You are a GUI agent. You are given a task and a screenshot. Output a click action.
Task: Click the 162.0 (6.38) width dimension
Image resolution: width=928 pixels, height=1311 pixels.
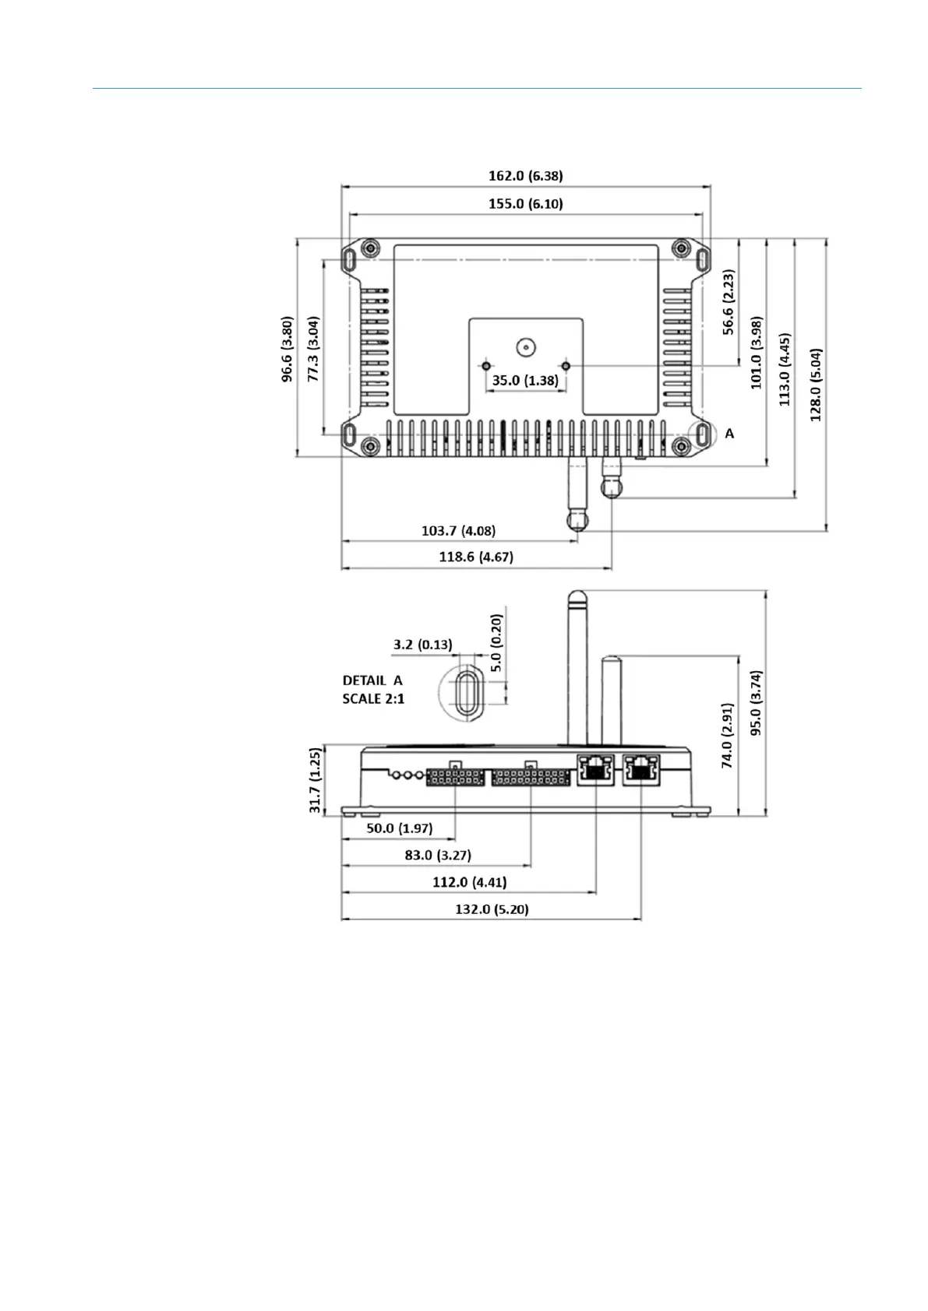coord(525,176)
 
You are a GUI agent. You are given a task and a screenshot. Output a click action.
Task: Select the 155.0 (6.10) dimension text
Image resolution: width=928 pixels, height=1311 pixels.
coord(525,204)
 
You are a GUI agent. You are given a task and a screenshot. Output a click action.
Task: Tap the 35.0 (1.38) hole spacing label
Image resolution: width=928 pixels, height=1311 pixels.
coord(525,381)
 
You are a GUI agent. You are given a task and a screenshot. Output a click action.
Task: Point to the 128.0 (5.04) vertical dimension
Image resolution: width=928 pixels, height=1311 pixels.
coord(816,385)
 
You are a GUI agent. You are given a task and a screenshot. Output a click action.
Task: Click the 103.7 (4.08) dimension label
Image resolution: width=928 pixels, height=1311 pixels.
coord(458,531)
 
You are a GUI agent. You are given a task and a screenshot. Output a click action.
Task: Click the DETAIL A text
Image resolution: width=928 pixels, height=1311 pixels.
coord(372,680)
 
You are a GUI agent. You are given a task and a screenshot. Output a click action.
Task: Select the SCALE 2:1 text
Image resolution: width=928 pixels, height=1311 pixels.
coord(373,698)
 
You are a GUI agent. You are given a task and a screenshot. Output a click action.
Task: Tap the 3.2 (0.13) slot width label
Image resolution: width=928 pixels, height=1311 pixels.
coord(422,645)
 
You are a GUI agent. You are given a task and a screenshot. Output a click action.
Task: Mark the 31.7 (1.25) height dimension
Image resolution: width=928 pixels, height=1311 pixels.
coord(316,781)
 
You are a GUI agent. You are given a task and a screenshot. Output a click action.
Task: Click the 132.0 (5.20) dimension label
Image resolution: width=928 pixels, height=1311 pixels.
coord(492,909)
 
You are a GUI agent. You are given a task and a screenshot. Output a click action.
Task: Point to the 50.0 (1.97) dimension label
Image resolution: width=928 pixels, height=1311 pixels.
coord(399,828)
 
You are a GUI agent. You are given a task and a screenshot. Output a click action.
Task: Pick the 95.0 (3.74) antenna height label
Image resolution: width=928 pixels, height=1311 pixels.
coord(756,702)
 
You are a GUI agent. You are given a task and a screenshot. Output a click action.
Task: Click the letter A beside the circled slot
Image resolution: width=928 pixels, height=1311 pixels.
coord(729,434)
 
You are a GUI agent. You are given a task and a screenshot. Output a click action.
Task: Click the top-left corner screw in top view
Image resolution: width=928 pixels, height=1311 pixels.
coord(372,248)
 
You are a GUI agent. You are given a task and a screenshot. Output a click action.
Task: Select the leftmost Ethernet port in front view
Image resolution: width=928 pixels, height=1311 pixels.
coord(595,770)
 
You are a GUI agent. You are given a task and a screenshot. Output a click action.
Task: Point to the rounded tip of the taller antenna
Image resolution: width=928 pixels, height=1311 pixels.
coord(577,599)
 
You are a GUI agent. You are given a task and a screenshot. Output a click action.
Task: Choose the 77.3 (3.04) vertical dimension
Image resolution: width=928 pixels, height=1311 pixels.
coord(313,350)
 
